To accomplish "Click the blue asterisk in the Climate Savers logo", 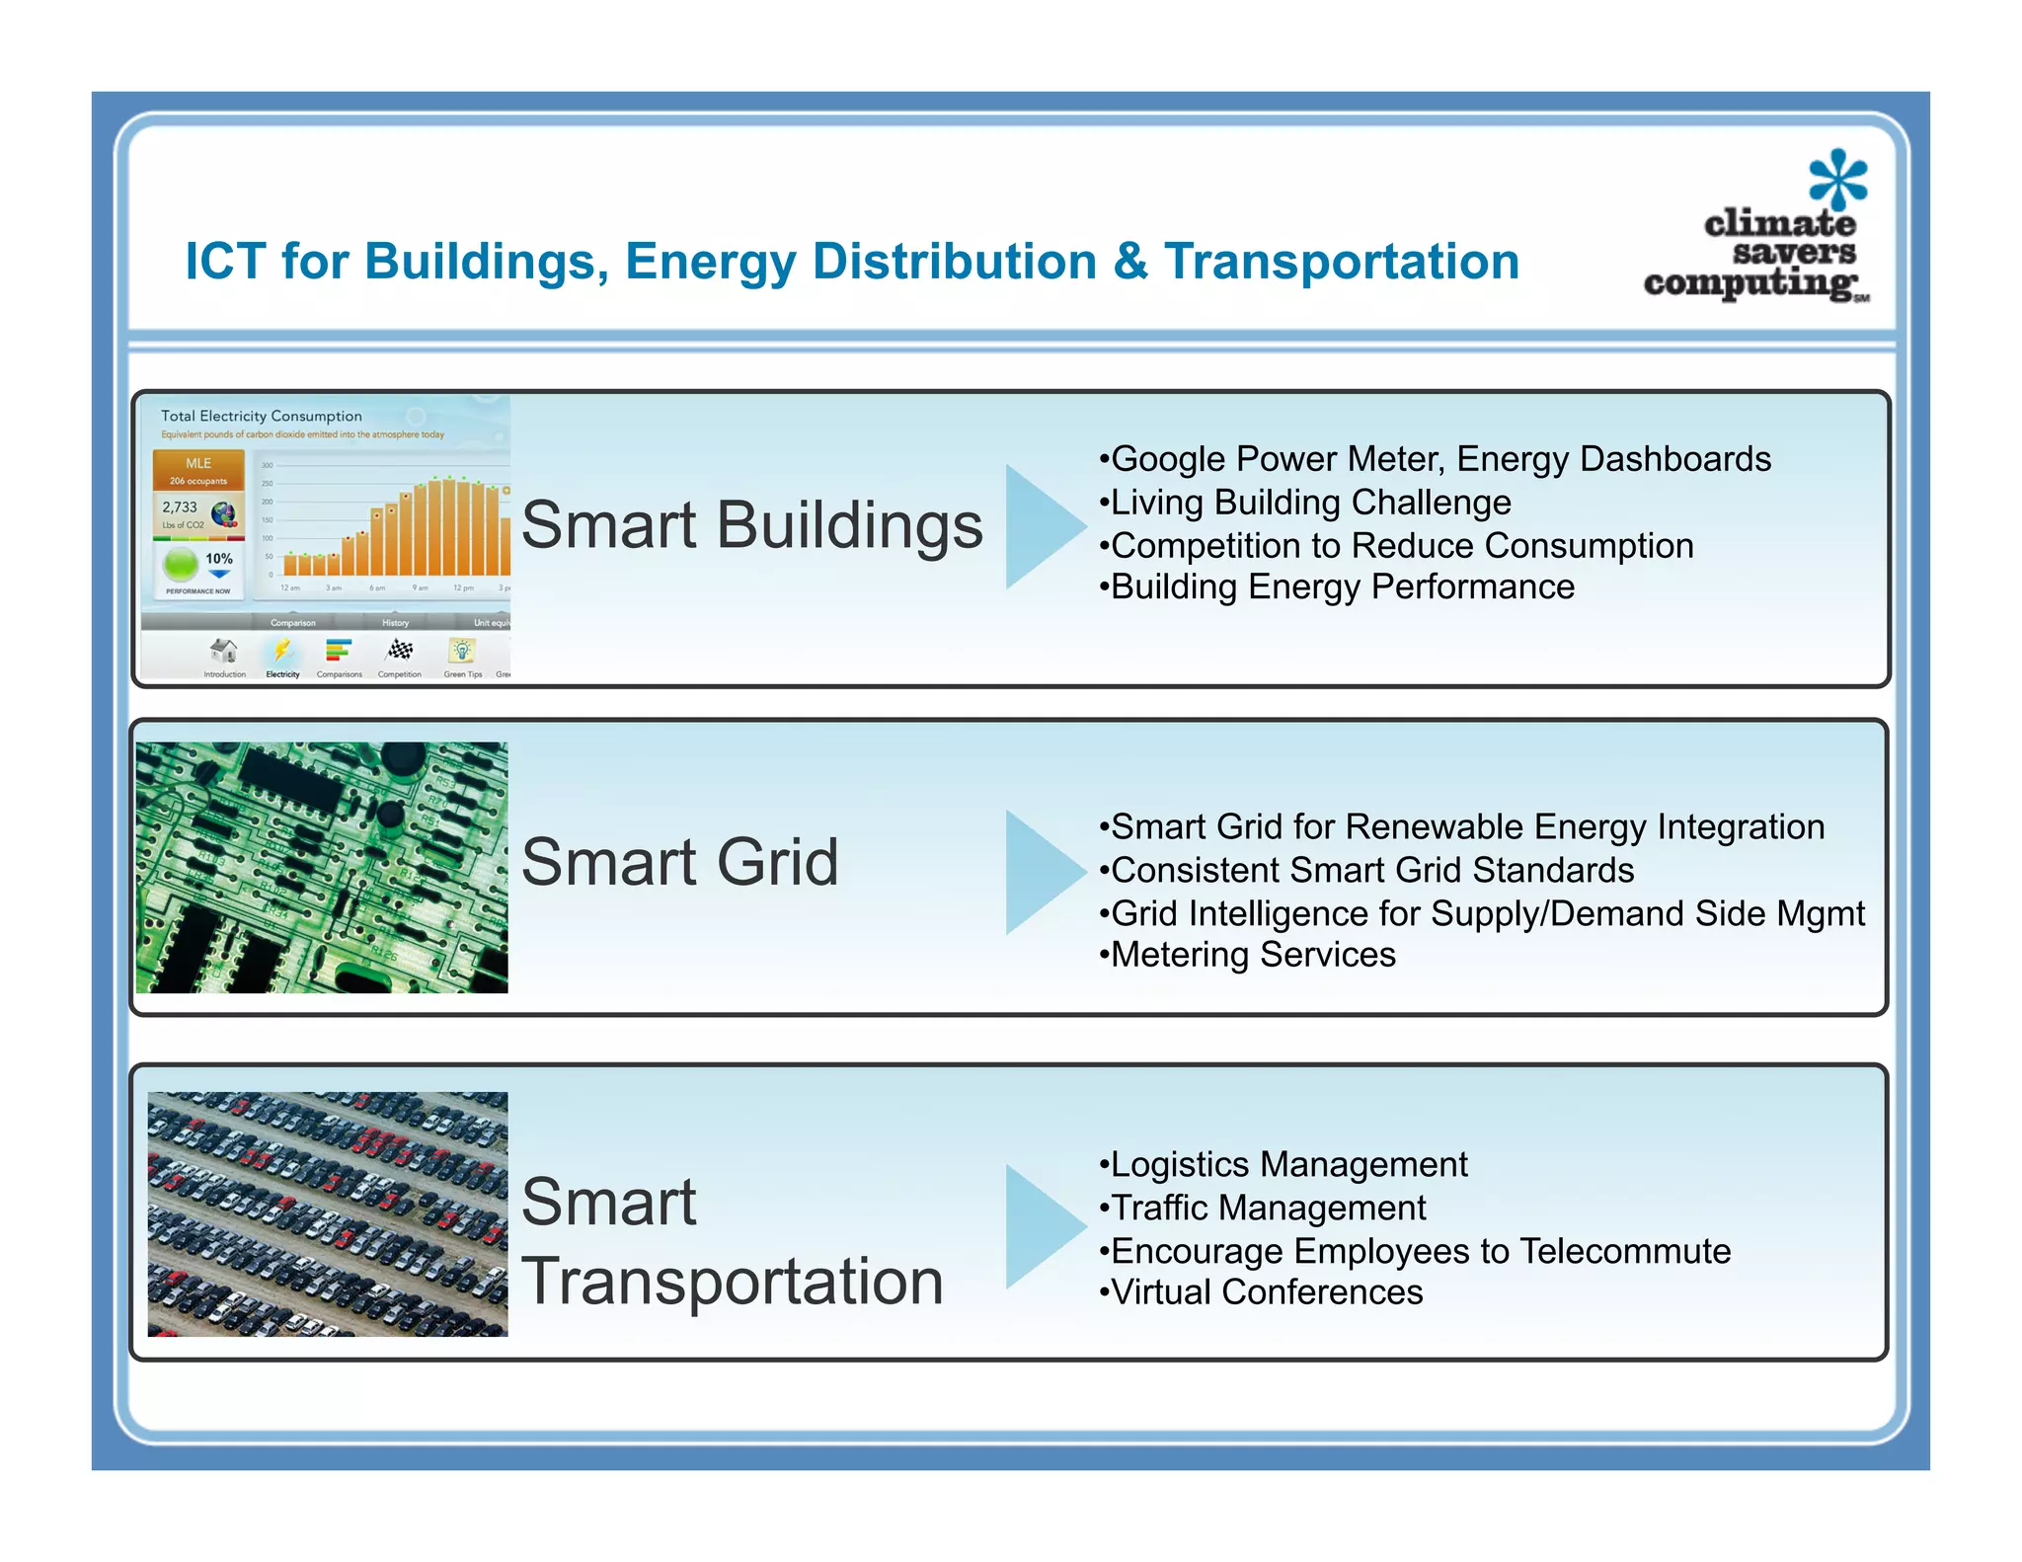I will point(1837,180).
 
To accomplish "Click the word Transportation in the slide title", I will point(1341,262).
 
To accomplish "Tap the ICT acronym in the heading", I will point(225,262).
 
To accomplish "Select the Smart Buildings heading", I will point(751,524).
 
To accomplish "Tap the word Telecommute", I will point(1624,1251).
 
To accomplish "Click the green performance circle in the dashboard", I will point(181,565).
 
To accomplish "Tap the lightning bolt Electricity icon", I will point(282,651).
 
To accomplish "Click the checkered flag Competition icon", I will point(400,651).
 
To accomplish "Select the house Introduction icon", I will point(224,651).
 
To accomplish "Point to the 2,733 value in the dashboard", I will point(180,507).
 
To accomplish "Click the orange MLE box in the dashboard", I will point(198,469).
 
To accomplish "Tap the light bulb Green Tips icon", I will point(461,651).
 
